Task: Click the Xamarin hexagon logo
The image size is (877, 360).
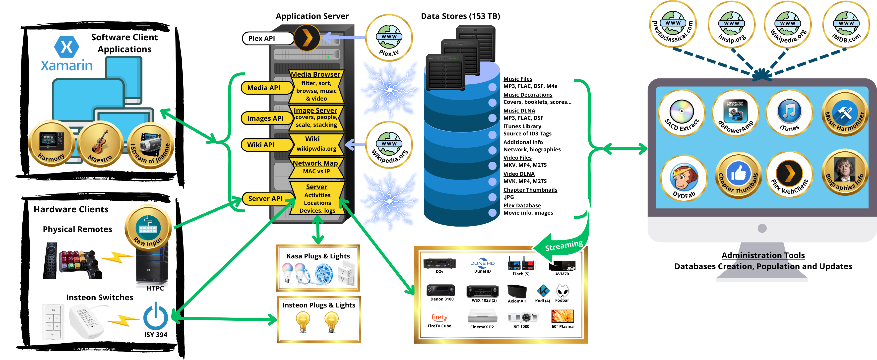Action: pyautogui.click(x=67, y=47)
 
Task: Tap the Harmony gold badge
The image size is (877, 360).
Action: pyautogui.click(x=51, y=143)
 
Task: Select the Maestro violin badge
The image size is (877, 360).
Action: pyautogui.click(x=100, y=144)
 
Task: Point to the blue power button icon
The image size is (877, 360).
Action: pyautogui.click(x=156, y=317)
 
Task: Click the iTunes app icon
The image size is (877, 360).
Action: pyautogui.click(x=789, y=113)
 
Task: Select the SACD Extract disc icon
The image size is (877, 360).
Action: pyautogui.click(x=682, y=113)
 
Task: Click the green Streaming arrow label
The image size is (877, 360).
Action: pyautogui.click(x=564, y=246)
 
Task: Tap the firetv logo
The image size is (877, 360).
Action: pyautogui.click(x=439, y=317)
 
